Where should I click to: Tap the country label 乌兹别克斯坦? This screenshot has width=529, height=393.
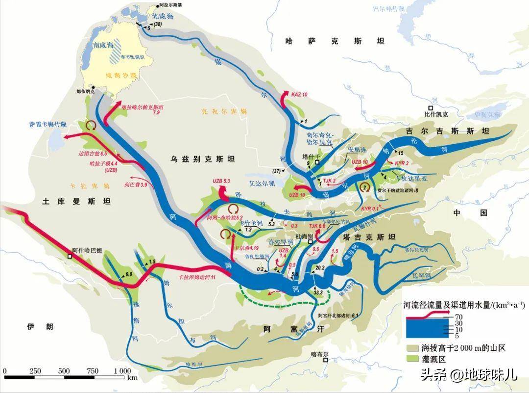tap(203, 159)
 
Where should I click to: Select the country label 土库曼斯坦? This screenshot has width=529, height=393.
tap(76, 201)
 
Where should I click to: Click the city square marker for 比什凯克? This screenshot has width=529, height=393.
tap(431, 107)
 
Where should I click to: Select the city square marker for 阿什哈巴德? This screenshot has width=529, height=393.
tap(70, 256)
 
